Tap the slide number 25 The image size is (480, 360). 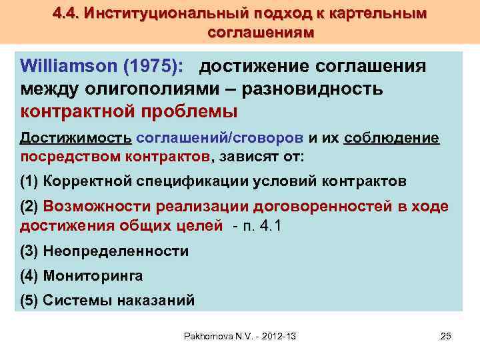click(x=446, y=336)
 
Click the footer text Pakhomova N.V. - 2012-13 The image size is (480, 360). click(x=240, y=336)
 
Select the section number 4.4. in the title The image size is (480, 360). click(x=67, y=14)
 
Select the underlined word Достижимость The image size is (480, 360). click(x=76, y=137)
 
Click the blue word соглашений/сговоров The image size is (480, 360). click(x=220, y=137)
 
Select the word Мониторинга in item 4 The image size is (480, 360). click(x=93, y=275)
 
